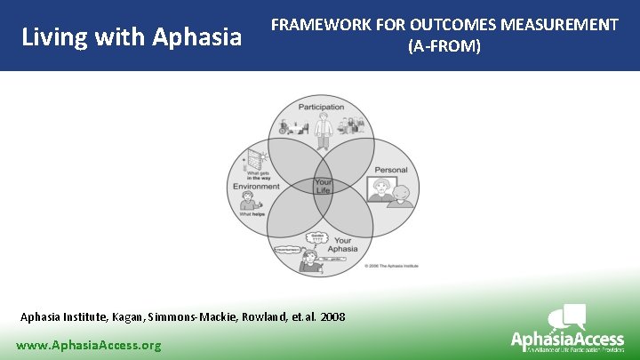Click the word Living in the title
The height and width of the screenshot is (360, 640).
pyautogui.click(x=50, y=37)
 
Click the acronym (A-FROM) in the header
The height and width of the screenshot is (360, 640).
pyautogui.click(x=444, y=46)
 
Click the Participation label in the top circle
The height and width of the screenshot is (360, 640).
pyautogui.click(x=321, y=108)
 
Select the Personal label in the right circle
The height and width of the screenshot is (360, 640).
pyautogui.click(x=390, y=169)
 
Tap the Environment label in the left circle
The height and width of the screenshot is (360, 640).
pyautogui.click(x=256, y=187)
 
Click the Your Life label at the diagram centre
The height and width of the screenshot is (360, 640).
pyautogui.click(x=323, y=187)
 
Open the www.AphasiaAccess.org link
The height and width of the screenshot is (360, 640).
pyautogui.click(x=89, y=345)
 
